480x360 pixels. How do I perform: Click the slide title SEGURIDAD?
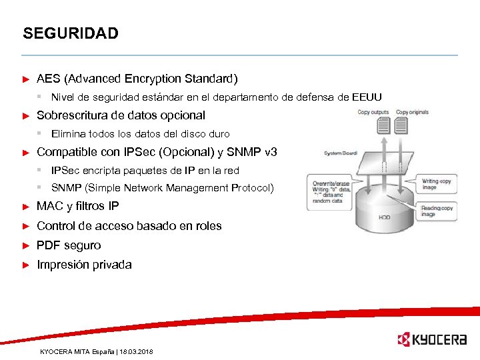(x=70, y=33)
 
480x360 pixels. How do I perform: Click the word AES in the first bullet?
(x=49, y=79)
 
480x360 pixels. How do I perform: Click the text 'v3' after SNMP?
(x=271, y=152)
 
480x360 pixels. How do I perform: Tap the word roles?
(x=207, y=226)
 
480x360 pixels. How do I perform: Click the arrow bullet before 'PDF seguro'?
(x=27, y=246)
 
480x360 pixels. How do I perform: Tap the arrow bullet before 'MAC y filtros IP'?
(x=27, y=207)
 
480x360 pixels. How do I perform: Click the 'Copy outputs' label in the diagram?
(x=373, y=112)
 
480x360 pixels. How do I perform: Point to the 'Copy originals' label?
(x=412, y=112)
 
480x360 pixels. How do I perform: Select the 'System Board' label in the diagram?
(x=341, y=153)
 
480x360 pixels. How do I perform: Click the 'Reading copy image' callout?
(x=436, y=211)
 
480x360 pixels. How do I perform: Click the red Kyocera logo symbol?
(x=404, y=339)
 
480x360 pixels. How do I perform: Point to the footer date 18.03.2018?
(x=137, y=351)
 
